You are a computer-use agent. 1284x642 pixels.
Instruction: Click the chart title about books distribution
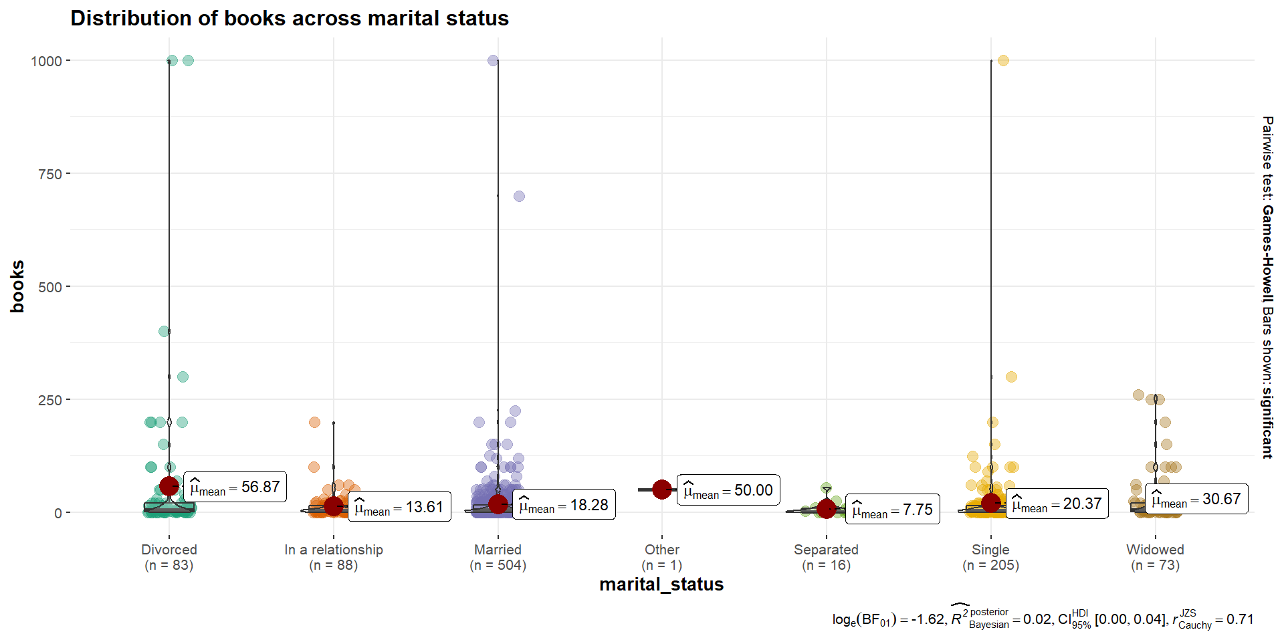[290, 18]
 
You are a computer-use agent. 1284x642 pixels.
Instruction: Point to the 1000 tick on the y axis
[46, 61]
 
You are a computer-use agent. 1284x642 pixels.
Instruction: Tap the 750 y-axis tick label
[50, 174]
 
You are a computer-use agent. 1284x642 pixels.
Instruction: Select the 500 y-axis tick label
[50, 287]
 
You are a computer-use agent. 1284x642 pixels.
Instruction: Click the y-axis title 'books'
[17, 286]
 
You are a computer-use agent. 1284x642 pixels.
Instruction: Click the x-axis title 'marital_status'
[661, 584]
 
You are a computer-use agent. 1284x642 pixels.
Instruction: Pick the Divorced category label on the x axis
[169, 550]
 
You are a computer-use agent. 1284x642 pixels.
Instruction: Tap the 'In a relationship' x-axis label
[334, 550]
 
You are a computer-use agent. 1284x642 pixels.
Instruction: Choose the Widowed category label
[1155, 550]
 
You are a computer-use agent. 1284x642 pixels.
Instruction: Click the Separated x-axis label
[826, 550]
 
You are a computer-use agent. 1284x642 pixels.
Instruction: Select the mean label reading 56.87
[235, 488]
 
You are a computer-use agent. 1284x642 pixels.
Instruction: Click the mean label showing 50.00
[728, 491]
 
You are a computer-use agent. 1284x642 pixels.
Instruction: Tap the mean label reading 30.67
[1196, 500]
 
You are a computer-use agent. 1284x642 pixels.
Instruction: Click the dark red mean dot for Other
[662, 490]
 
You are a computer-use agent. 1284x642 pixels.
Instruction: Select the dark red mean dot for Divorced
[169, 486]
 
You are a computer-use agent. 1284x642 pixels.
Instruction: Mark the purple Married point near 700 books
[519, 197]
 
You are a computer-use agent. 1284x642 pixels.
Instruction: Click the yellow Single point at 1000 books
[1003, 61]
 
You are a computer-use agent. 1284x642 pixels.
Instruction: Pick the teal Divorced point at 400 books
[164, 331]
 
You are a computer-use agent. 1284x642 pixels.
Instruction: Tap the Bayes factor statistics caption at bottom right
[1043, 619]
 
